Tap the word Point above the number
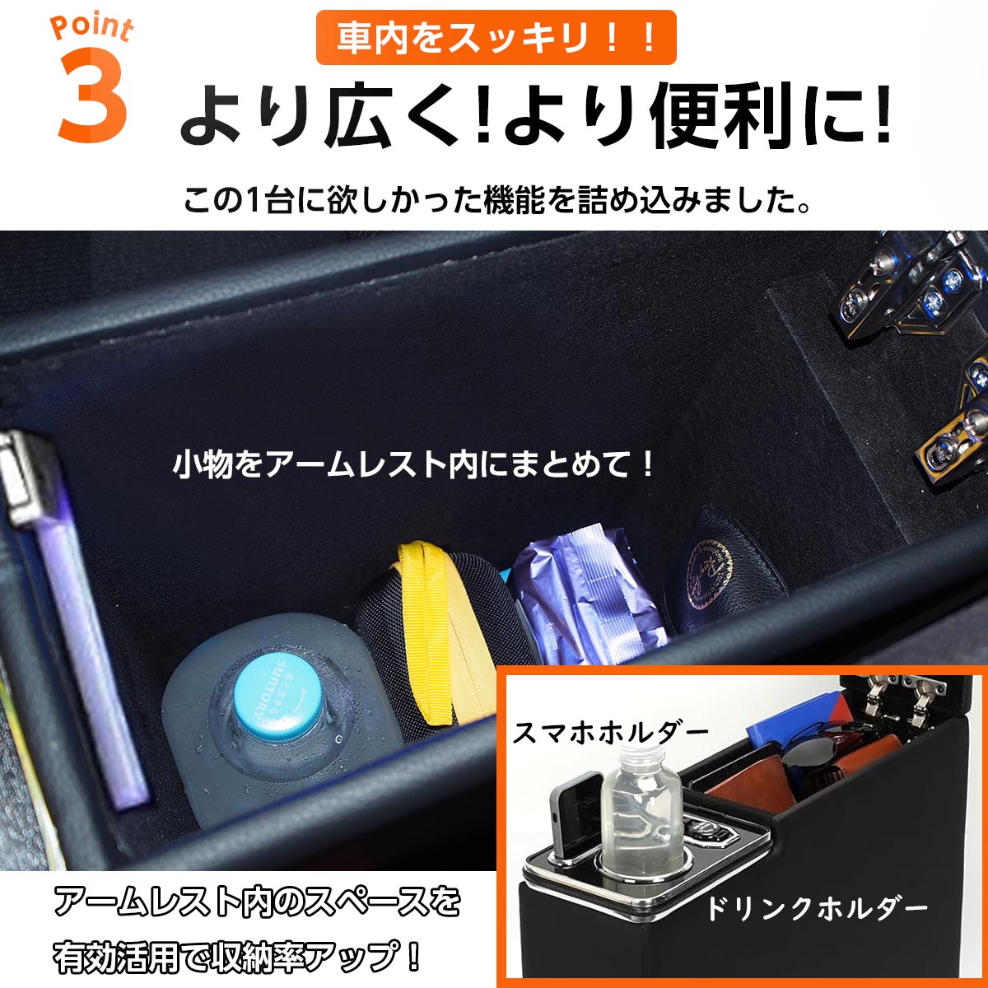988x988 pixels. click(91, 28)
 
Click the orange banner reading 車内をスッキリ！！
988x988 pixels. click(496, 38)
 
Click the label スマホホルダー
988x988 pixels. click(610, 730)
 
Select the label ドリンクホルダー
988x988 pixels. click(816, 909)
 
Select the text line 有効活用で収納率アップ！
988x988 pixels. click(239, 957)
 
